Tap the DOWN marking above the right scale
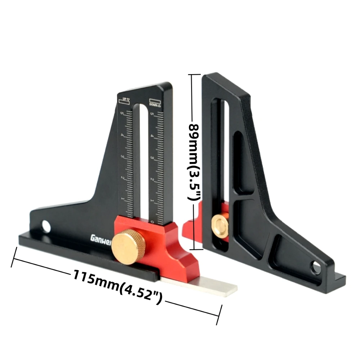pos(156,102)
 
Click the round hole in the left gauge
pos(46,226)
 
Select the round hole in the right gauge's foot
pos(315,267)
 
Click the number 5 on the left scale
pos(122,114)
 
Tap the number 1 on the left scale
pos(123,199)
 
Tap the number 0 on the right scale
pos(153,222)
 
